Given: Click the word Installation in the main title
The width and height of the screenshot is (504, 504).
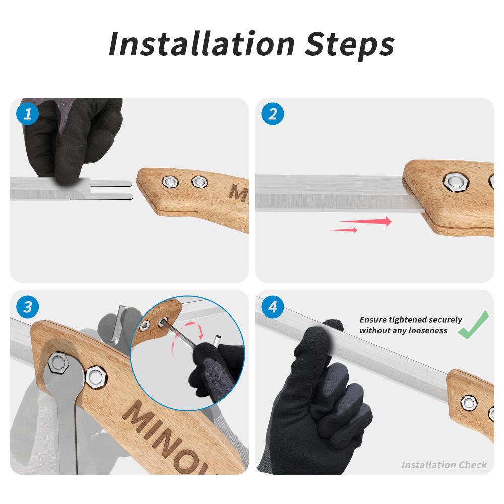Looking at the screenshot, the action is [202, 44].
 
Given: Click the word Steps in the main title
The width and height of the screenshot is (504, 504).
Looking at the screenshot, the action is [349, 46].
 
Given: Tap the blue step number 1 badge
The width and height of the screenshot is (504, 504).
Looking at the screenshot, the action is [28, 114].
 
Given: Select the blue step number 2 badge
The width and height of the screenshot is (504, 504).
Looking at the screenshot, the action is [273, 114].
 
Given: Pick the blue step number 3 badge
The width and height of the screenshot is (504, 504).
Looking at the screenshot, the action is [28, 307].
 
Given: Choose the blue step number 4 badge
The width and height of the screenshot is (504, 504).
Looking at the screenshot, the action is [273, 307].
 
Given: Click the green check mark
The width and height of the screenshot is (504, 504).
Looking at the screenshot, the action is [474, 325].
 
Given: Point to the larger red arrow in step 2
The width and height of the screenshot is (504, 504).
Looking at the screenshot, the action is [366, 221].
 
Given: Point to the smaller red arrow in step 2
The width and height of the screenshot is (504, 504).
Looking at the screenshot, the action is [343, 230].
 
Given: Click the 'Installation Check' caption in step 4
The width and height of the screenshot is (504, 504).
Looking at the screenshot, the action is [444, 465].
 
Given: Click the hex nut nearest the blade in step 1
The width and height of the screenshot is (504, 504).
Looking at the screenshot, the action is [170, 182].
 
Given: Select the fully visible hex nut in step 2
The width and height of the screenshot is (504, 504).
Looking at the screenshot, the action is [456, 182].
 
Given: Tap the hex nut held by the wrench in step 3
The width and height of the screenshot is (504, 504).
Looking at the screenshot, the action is [58, 363].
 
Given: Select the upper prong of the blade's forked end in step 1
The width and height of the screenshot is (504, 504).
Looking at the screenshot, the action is [111, 184].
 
